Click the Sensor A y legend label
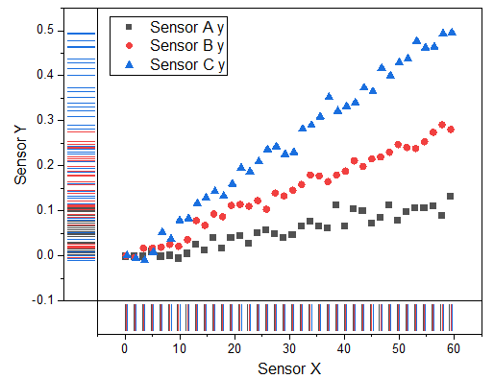[x=188, y=27]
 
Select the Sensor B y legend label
[x=188, y=45]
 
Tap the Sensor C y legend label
[x=188, y=64]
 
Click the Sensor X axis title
[x=288, y=368]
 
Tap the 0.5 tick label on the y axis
[x=46, y=30]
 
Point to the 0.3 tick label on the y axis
[x=46, y=120]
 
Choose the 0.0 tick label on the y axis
[x=46, y=255]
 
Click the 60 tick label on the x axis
[x=454, y=348]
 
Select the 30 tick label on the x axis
[x=289, y=348]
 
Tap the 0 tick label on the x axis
[x=125, y=348]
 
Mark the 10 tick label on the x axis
[x=180, y=348]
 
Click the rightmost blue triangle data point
[x=453, y=32]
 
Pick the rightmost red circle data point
[x=451, y=130]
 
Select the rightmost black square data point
[x=450, y=197]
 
